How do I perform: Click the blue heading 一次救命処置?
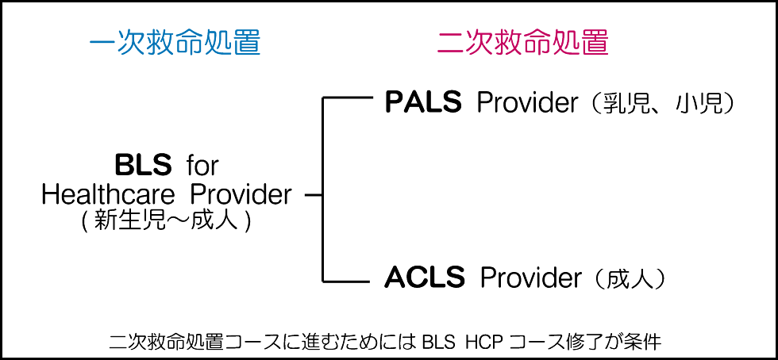coord(175,42)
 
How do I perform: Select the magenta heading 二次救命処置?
coord(523,42)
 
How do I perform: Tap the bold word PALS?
coord(423,102)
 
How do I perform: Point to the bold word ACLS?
coord(425,278)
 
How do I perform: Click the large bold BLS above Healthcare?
coord(143,165)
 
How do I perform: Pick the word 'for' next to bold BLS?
coord(202,166)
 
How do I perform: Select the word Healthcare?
coord(110,193)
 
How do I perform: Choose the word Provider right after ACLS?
coord(531,278)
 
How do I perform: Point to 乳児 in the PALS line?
coord(623,103)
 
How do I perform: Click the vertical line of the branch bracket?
coord(322,190)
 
